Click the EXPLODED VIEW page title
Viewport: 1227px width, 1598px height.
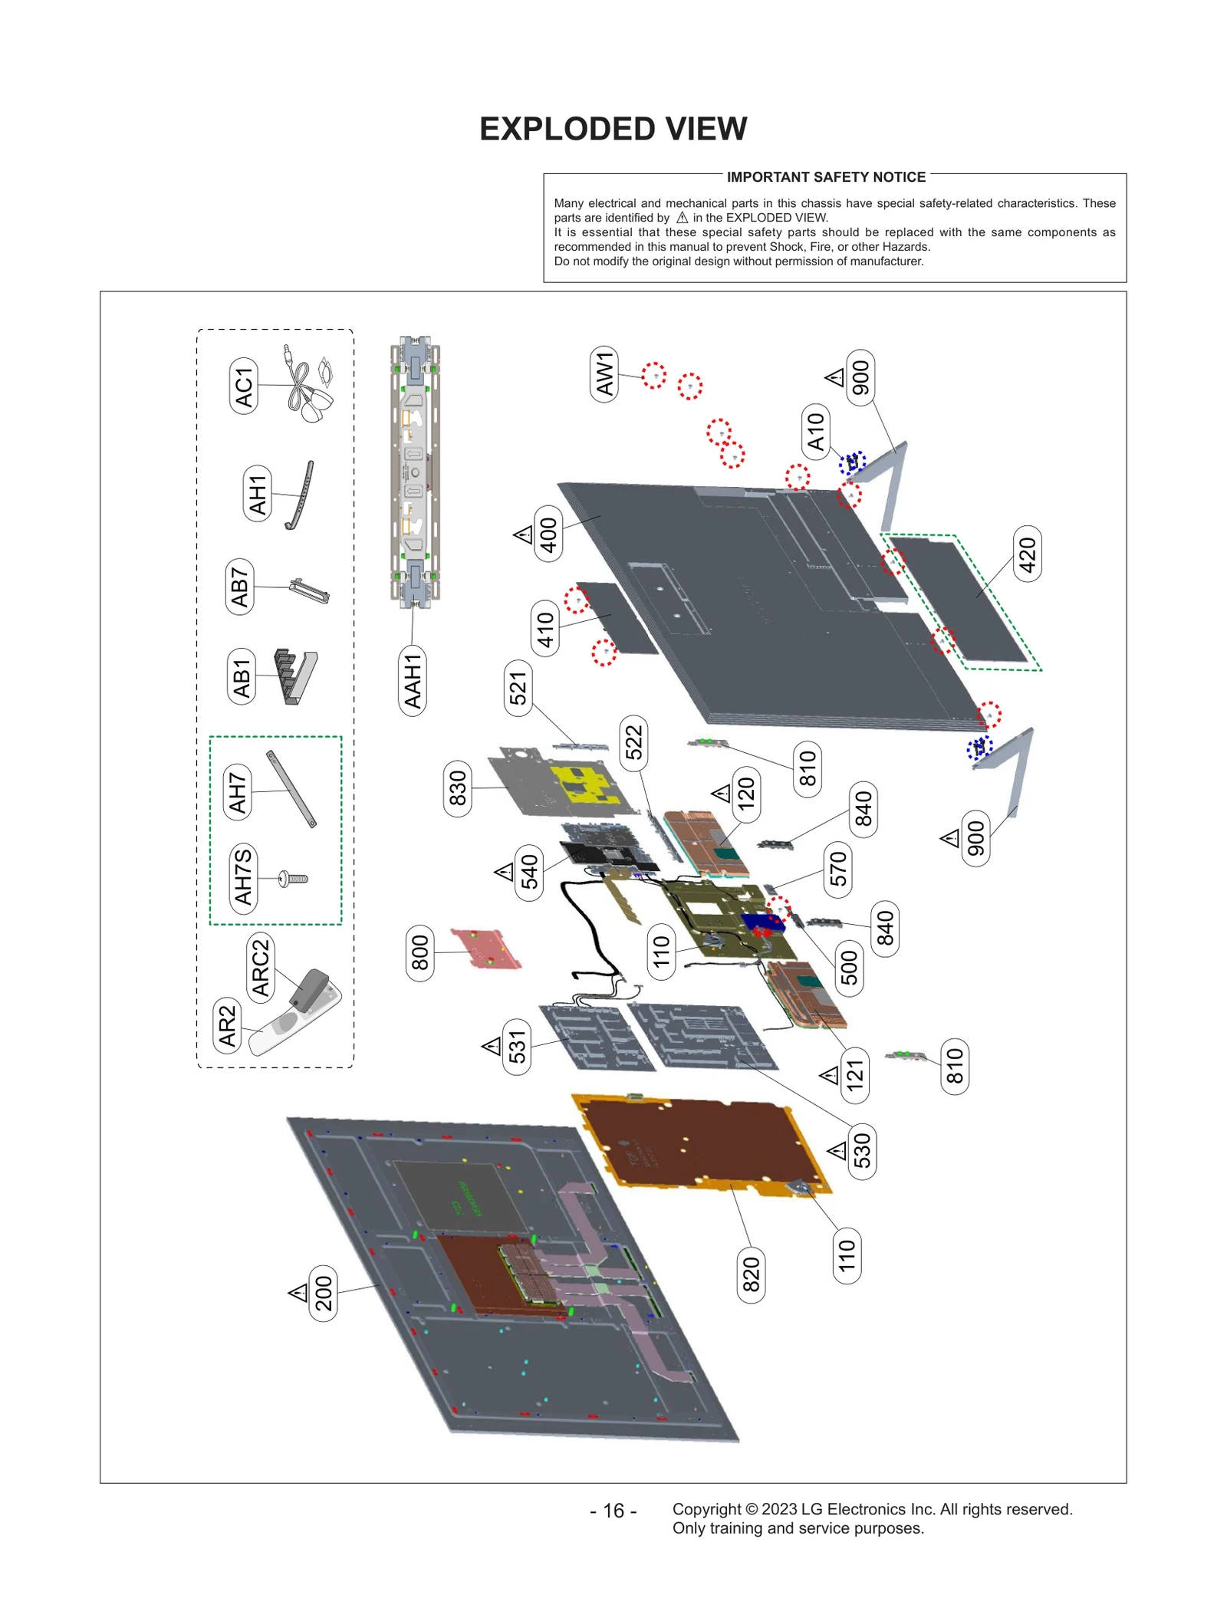click(613, 129)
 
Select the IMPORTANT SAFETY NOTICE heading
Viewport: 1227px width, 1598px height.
click(826, 177)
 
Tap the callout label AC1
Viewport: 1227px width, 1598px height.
click(244, 386)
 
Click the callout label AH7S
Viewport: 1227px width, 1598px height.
click(243, 877)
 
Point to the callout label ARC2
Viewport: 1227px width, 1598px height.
click(261, 968)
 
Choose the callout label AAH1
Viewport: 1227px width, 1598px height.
click(413, 681)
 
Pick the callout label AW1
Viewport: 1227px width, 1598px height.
click(605, 373)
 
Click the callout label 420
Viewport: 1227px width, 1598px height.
click(1027, 554)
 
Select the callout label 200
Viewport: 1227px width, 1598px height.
click(323, 1294)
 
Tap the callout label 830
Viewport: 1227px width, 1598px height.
click(458, 788)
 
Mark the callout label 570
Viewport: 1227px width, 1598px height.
click(838, 870)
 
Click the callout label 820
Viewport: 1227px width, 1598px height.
click(751, 1275)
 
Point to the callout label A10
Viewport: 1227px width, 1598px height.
click(816, 432)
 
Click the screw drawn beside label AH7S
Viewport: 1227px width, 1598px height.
click(294, 879)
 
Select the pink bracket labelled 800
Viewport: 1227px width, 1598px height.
click(485, 949)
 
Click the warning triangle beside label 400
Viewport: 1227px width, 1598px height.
click(524, 534)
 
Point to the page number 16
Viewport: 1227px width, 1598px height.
click(613, 1511)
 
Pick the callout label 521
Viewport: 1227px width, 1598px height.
click(518, 688)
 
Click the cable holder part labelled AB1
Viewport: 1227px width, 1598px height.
click(295, 676)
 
